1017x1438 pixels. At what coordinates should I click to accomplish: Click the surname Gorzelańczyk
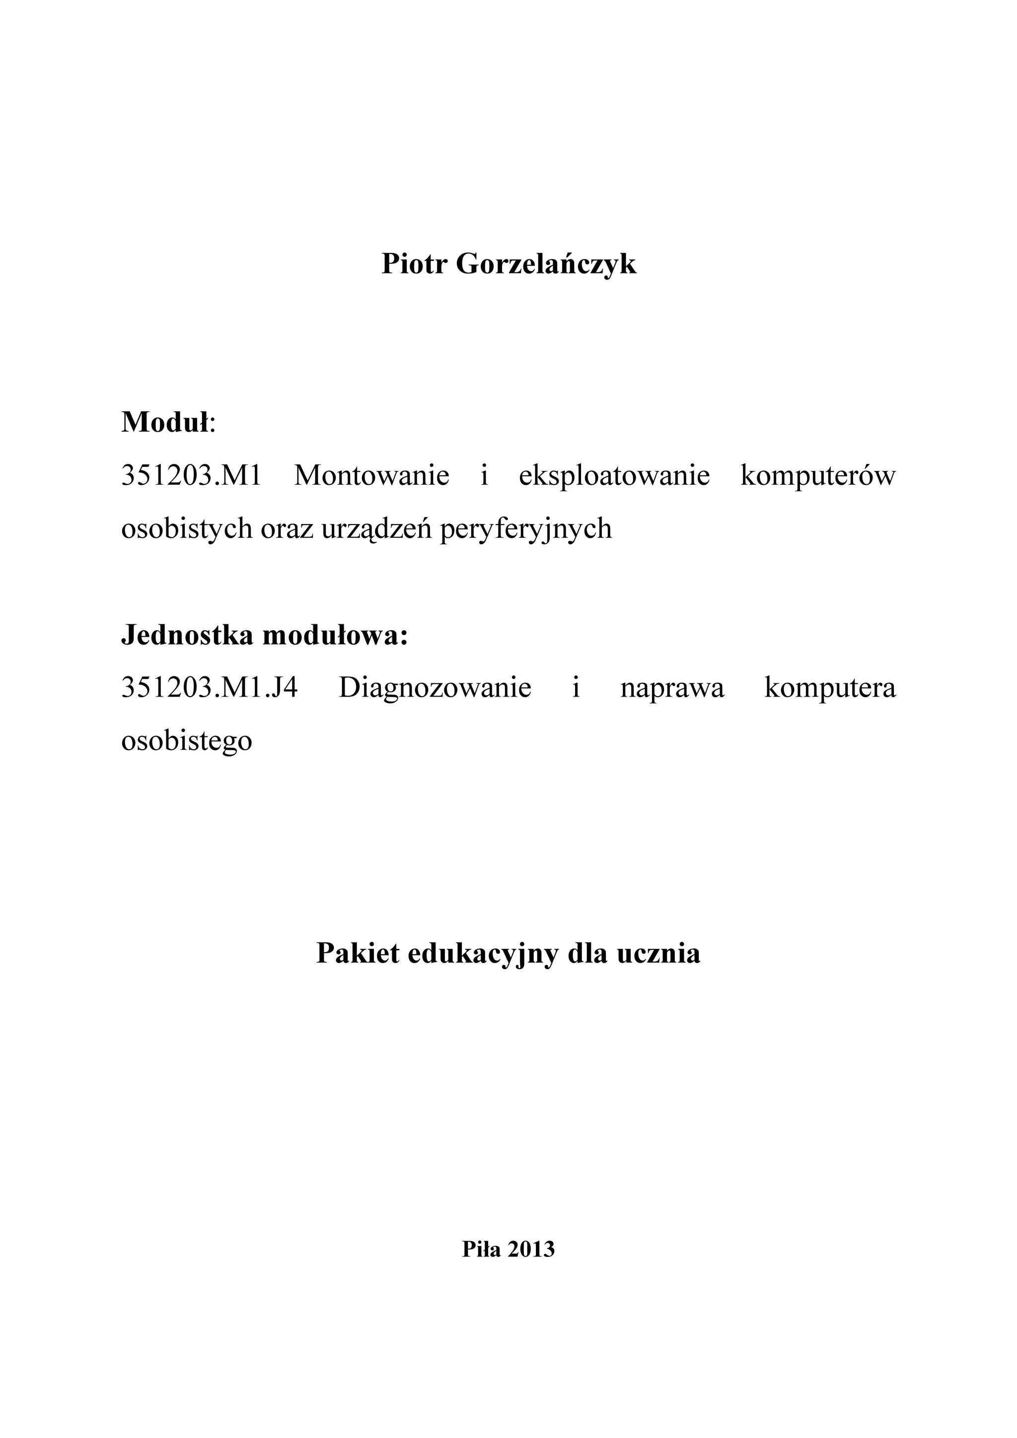pos(546,265)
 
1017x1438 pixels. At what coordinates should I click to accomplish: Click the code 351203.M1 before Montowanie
pos(191,475)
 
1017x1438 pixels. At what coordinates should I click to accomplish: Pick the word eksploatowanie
pos(614,475)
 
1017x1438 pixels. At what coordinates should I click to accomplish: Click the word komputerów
pos(818,475)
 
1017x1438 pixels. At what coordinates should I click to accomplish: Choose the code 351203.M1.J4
pos(209,688)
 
